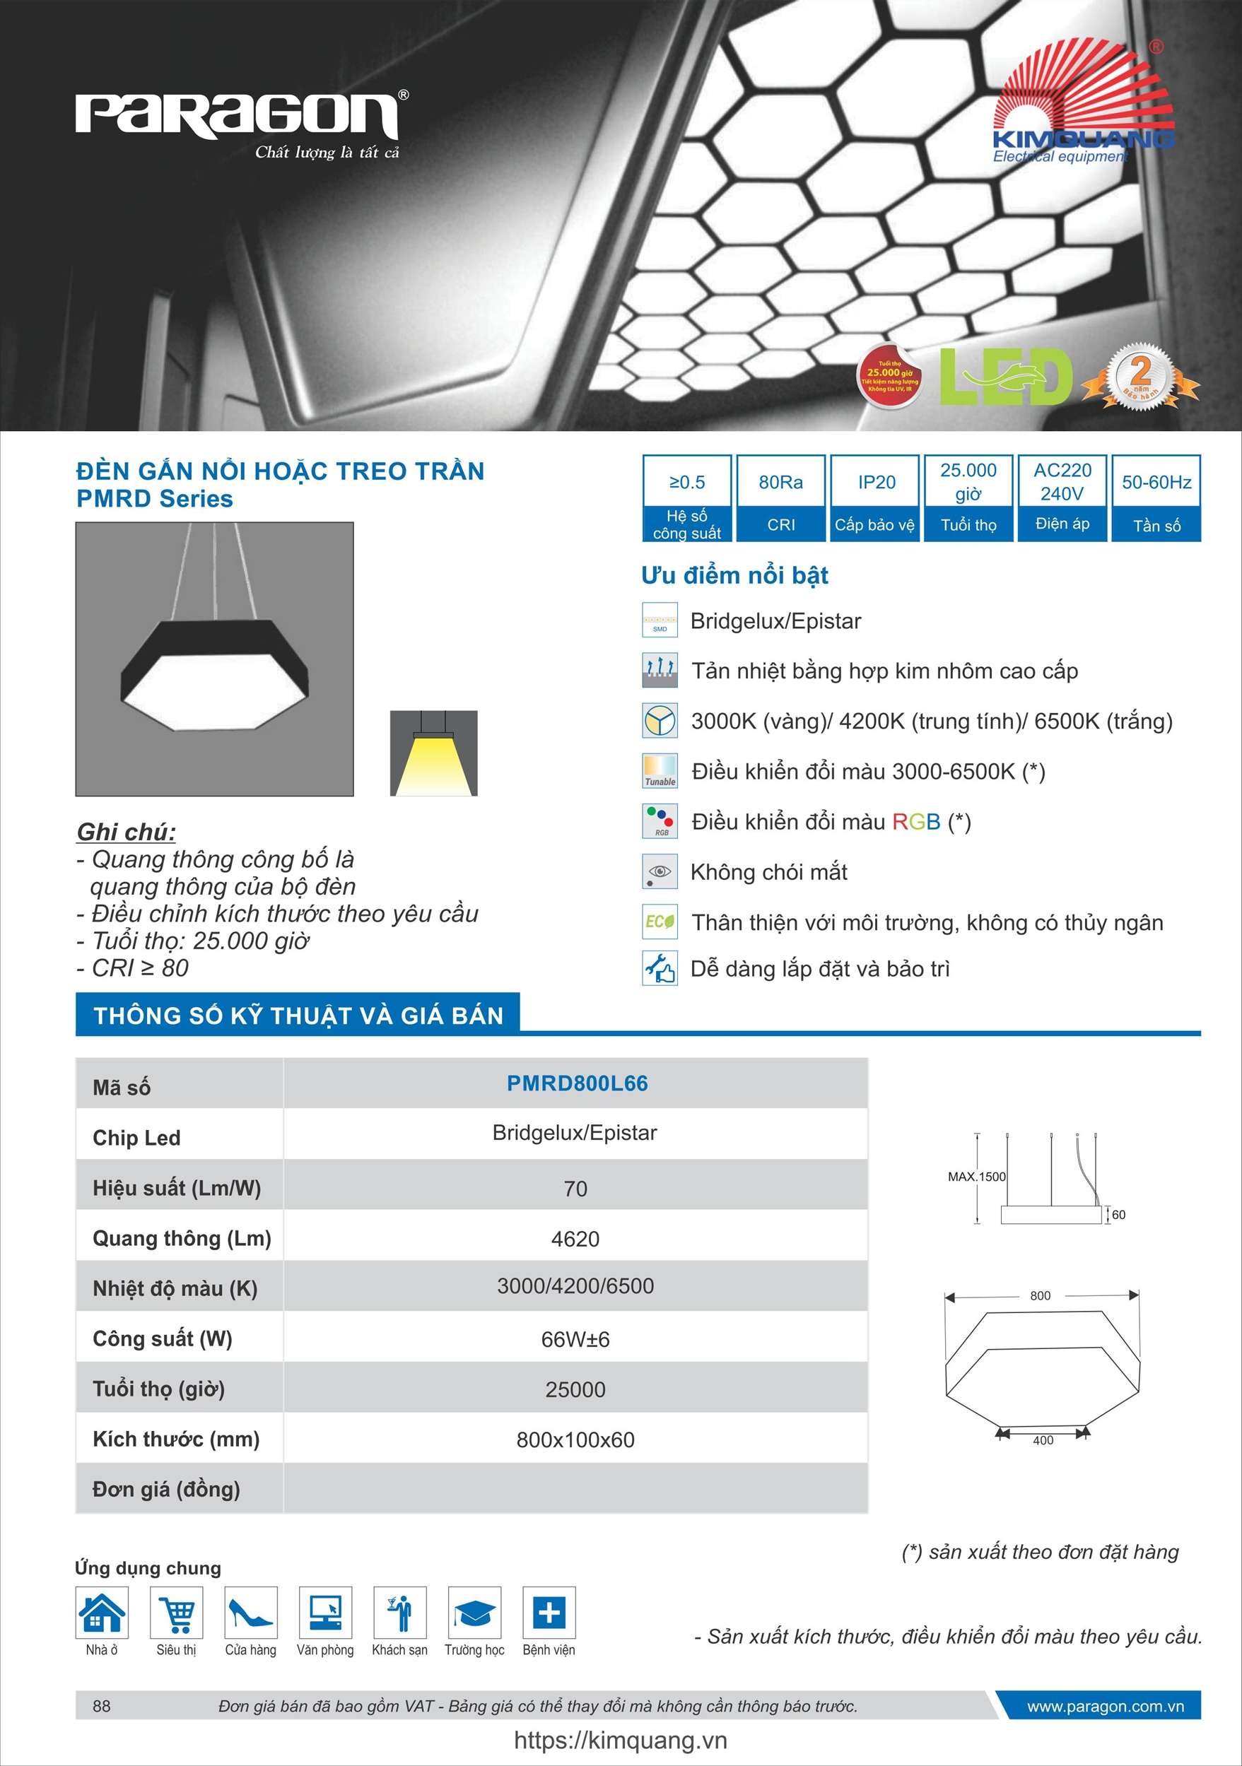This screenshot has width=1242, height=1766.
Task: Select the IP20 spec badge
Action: [x=876, y=498]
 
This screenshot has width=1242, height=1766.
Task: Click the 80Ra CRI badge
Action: [x=781, y=498]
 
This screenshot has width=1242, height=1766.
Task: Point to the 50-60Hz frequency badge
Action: [x=1156, y=498]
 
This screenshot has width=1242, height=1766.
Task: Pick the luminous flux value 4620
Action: [x=575, y=1238]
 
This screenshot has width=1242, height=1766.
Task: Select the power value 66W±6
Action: [x=575, y=1339]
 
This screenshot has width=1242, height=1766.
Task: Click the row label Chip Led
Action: [x=136, y=1138]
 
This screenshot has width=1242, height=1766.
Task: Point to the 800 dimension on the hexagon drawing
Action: [x=1040, y=1295]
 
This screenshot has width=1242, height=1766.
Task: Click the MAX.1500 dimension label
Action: [x=976, y=1177]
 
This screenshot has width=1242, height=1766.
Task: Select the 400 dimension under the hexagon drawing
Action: [x=1043, y=1440]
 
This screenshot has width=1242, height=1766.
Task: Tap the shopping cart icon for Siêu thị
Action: [x=177, y=1612]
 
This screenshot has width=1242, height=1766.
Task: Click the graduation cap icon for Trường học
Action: [x=474, y=1612]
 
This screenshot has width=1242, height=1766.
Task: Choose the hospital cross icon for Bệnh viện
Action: [x=549, y=1612]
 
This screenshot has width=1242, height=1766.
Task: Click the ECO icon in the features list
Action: [x=660, y=922]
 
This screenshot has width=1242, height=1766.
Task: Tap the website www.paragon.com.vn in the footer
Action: [x=1105, y=1706]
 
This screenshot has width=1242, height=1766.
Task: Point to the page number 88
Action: [x=102, y=1706]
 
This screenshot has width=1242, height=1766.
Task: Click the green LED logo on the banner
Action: [x=1006, y=377]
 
